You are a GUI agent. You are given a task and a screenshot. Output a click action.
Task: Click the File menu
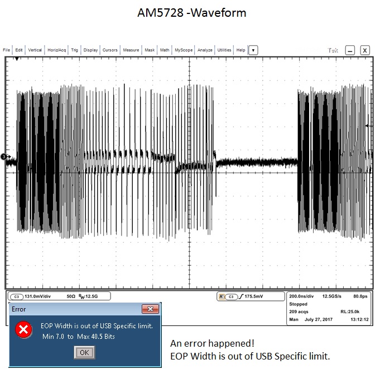tap(7, 50)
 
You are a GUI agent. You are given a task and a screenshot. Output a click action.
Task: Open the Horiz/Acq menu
tap(57, 50)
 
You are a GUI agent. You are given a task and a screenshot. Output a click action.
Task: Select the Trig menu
tap(74, 50)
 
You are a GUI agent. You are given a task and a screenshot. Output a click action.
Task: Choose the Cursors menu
tap(110, 50)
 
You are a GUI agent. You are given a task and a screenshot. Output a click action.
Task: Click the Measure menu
tap(131, 50)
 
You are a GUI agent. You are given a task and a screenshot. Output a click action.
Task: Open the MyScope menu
tap(184, 50)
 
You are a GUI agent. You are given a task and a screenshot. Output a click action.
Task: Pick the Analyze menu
tap(205, 50)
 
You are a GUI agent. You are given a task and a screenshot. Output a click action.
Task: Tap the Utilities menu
tap(224, 50)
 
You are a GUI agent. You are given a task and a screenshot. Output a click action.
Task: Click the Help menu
tap(241, 50)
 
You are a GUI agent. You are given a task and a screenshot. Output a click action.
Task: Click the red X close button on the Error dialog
tap(150, 309)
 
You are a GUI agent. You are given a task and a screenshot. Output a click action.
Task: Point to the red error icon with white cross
tap(23, 330)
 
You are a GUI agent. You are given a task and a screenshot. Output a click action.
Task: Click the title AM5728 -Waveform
tap(192, 12)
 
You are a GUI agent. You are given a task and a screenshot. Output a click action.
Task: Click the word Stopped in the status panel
tap(299, 305)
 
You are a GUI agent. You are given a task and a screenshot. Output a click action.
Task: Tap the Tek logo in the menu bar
tap(334, 50)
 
